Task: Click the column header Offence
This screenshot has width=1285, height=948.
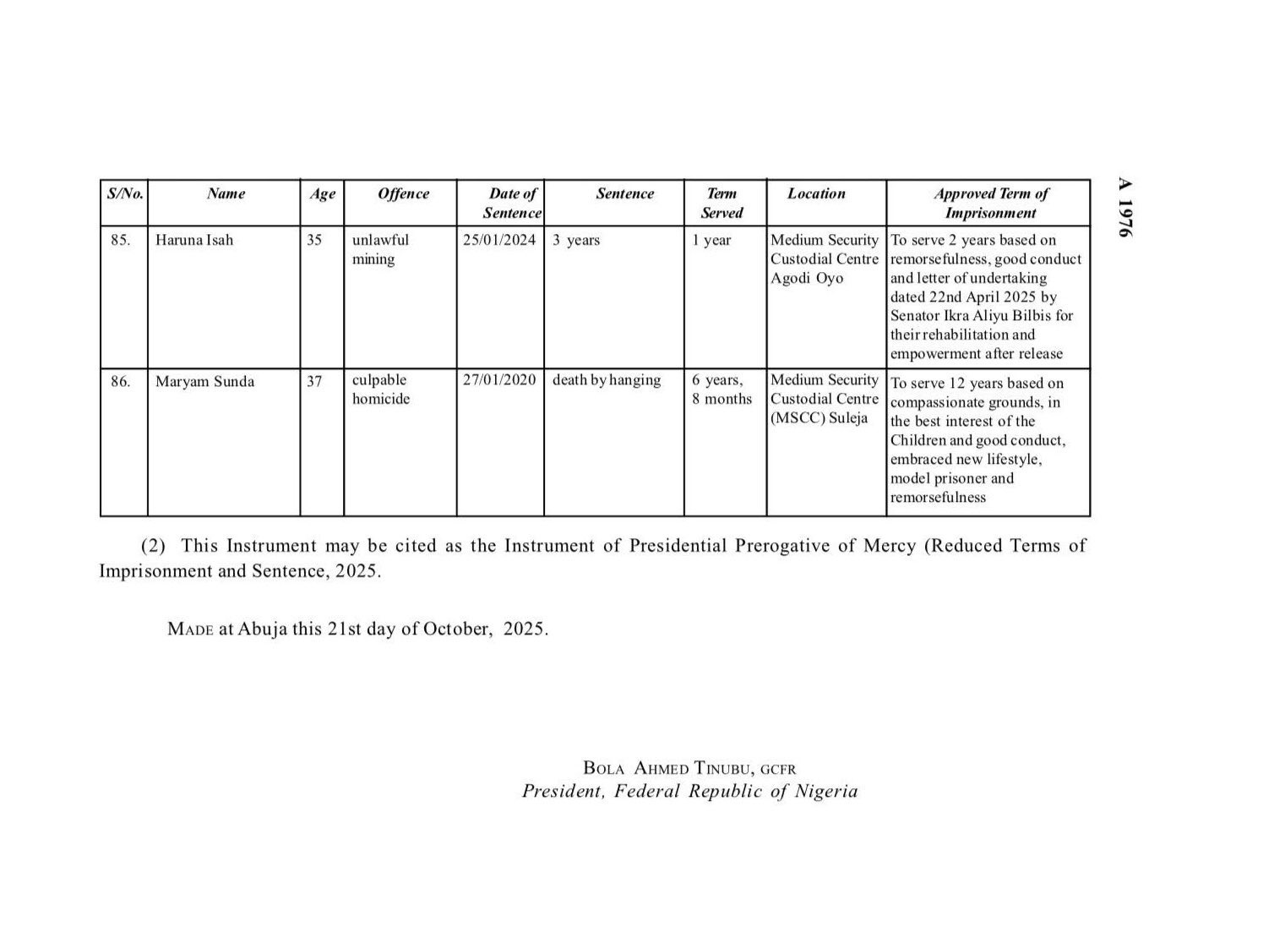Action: [403, 193]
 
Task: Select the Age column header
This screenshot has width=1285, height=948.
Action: [322, 194]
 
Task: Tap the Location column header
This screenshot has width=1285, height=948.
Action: [816, 193]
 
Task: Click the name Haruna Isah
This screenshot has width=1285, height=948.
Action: [194, 240]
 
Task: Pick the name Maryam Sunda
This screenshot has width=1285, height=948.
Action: [204, 381]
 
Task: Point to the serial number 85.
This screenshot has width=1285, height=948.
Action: [121, 240]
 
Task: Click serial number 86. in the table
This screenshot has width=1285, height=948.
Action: [121, 381]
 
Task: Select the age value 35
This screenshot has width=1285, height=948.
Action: [314, 240]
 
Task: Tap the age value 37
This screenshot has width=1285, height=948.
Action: [314, 381]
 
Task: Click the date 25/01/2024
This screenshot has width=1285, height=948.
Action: [499, 240]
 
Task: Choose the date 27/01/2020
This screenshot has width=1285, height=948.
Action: [499, 380]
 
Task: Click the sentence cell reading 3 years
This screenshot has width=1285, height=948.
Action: [576, 240]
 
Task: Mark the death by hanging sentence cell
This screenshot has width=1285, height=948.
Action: [607, 380]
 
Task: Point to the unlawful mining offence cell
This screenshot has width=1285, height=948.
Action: [380, 249]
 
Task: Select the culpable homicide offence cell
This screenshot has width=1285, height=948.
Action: [380, 390]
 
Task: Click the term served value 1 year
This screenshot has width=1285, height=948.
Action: [711, 240]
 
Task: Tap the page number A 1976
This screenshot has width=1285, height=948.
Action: [1124, 207]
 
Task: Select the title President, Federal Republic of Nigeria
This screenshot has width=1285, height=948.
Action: [689, 792]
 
